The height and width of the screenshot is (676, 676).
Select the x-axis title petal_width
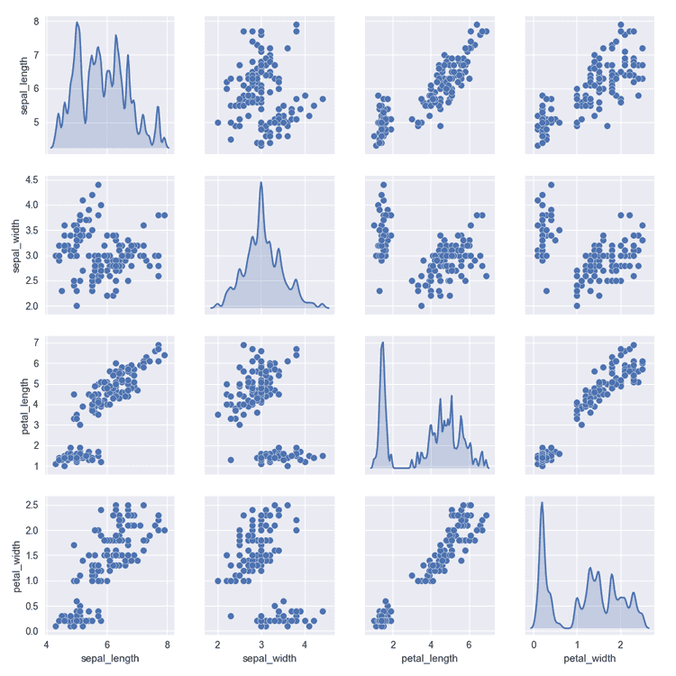pyautogui.click(x=589, y=659)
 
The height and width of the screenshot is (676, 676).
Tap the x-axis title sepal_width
pyautogui.click(x=260, y=659)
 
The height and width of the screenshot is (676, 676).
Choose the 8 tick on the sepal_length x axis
pyautogui.click(x=168, y=645)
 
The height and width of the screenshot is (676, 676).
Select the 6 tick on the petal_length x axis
pyautogui.click(x=469, y=645)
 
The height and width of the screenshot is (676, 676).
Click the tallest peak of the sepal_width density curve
pyautogui.click(x=260, y=183)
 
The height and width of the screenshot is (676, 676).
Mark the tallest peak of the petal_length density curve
pyautogui.click(x=383, y=343)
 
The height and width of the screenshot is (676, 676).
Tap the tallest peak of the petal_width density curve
pyautogui.click(x=542, y=503)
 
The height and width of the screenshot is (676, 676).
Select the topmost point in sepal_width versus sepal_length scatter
pyautogui.click(x=98, y=185)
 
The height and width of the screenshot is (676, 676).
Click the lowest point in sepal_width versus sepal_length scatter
pyautogui.click(x=77, y=306)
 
